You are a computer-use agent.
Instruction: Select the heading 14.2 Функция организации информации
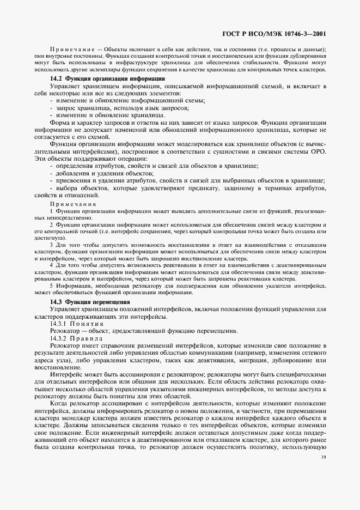108,79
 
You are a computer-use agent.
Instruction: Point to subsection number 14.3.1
59,324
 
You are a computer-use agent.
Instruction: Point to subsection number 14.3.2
59,338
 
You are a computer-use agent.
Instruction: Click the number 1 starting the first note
51,210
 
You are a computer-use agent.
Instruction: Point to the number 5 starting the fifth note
51,286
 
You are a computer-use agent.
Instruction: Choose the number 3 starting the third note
51,246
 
